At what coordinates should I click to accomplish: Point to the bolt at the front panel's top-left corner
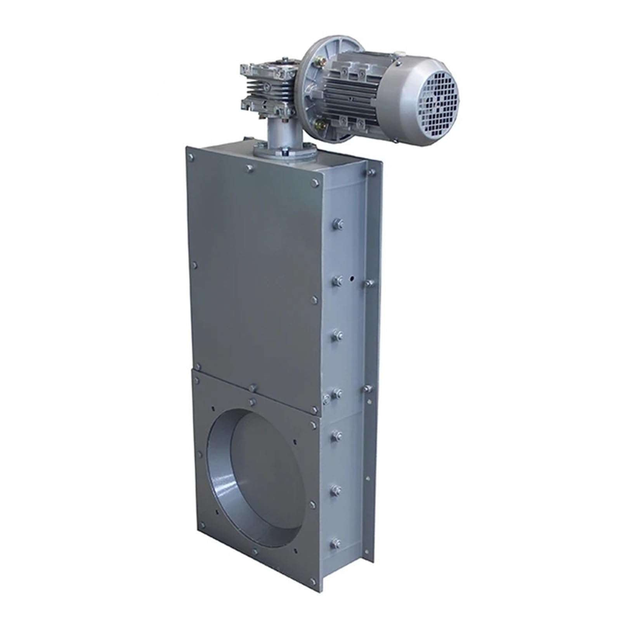191,157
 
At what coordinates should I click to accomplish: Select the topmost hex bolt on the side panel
336,224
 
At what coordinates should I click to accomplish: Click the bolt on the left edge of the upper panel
194,265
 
